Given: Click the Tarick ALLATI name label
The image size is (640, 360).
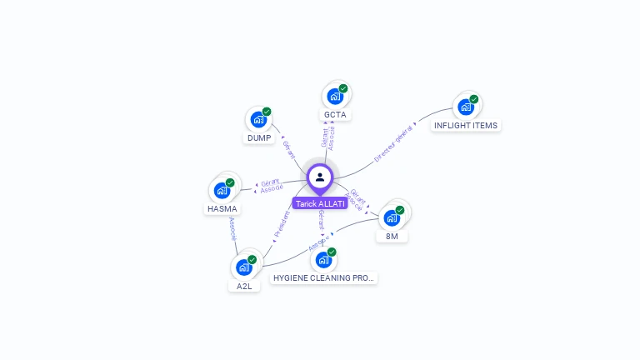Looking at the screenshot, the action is click(x=320, y=203).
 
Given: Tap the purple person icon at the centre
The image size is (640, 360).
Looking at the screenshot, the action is click(x=320, y=177).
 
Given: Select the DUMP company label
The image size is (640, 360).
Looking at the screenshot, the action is click(x=258, y=138).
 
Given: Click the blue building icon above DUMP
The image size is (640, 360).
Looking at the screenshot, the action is click(x=257, y=119).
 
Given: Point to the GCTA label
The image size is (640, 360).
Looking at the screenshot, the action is click(x=335, y=115).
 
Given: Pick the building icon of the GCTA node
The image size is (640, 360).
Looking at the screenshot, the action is click(x=334, y=96).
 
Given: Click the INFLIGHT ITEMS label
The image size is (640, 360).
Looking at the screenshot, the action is click(x=466, y=126).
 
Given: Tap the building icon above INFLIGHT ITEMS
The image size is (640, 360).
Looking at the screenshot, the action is click(x=465, y=107).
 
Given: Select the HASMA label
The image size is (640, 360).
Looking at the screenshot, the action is click(x=222, y=209).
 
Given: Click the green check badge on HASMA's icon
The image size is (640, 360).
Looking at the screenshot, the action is click(x=230, y=182).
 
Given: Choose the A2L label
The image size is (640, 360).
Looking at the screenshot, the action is click(x=244, y=286).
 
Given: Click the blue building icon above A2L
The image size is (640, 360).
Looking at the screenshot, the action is click(x=243, y=267).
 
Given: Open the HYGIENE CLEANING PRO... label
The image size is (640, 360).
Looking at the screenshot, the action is click(x=324, y=277).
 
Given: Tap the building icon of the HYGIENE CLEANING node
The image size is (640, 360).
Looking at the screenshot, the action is click(x=323, y=259).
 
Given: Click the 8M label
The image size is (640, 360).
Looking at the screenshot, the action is click(x=392, y=237).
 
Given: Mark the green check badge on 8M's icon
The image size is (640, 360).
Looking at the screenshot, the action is click(x=400, y=210).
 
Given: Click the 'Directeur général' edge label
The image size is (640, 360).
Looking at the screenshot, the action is click(x=392, y=143).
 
